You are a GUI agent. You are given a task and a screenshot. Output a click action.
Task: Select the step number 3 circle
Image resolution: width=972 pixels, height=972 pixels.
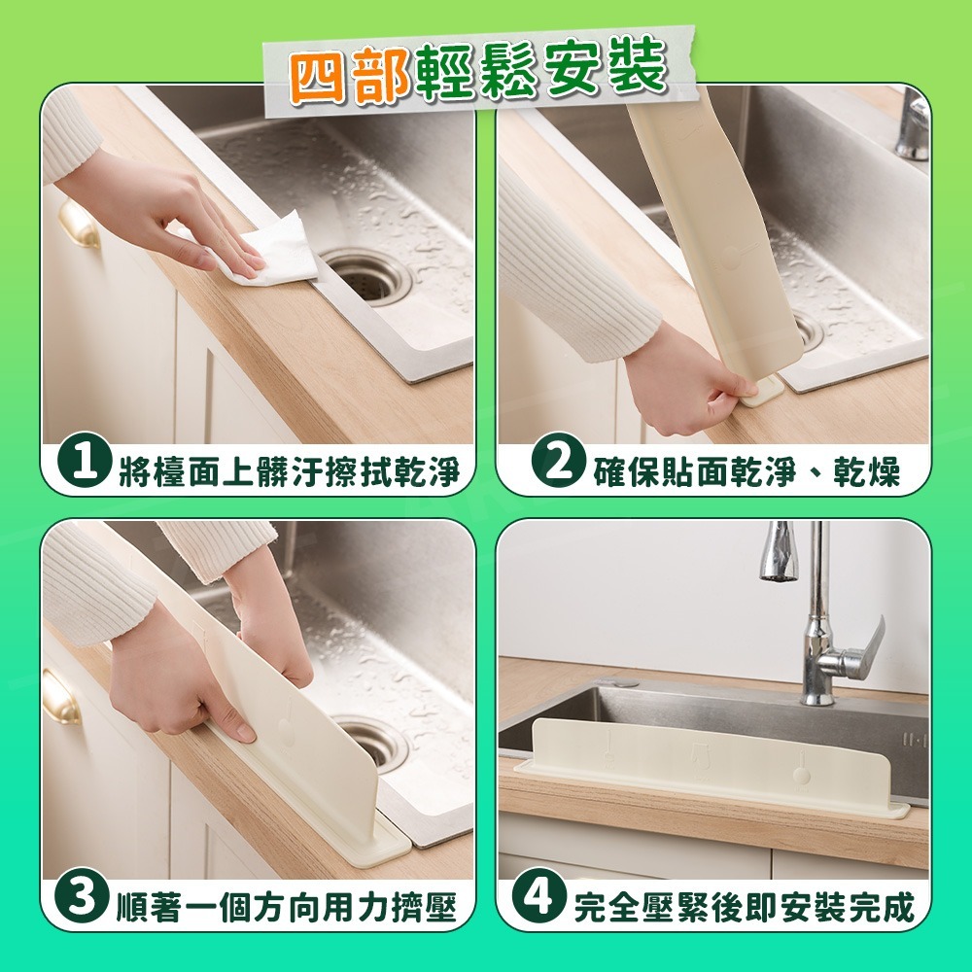[85, 900]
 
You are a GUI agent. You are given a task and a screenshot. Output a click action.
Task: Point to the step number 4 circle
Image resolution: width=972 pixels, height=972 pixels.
[539, 900]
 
